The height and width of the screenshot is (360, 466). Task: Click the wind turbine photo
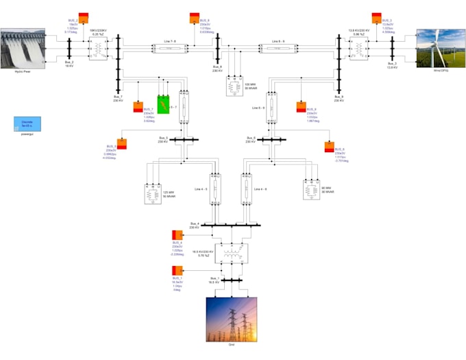[441, 47]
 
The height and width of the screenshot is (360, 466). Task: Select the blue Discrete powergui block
[27, 124]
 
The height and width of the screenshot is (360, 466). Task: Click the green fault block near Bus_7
[164, 104]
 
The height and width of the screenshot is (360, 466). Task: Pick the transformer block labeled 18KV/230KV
[99, 49]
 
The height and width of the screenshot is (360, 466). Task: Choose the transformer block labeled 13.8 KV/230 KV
[358, 49]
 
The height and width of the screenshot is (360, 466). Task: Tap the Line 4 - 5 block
[215, 188]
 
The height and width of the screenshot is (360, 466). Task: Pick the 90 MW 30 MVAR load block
[312, 189]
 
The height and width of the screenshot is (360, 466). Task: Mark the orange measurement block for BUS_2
[83, 17]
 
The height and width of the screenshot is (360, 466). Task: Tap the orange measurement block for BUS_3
[376, 17]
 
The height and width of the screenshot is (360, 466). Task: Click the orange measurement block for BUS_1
[177, 269]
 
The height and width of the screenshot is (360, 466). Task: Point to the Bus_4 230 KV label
[194, 226]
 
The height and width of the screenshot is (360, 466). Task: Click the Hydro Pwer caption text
[23, 71]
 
